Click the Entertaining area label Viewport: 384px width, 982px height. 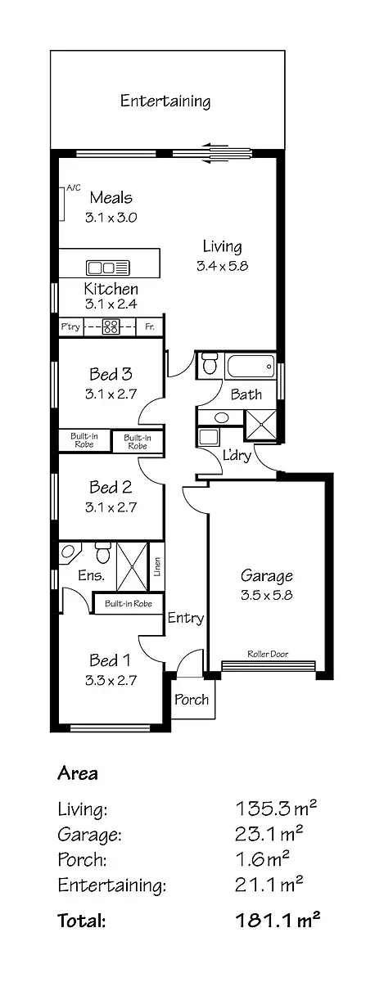pos(165,101)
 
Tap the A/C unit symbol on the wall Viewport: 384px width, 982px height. pos(62,204)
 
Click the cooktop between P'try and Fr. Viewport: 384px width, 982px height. pos(111,327)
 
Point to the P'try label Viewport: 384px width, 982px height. pos(71,327)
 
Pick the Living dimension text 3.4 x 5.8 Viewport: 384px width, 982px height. pos(222,266)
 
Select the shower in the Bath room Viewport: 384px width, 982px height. pos(264,425)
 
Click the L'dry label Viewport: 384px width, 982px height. pos(237,455)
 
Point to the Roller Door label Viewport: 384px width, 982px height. pos(268,654)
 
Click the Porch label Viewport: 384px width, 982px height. pos(192,700)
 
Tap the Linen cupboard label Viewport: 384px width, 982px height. pos(156,566)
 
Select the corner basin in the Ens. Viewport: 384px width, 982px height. pos(67,552)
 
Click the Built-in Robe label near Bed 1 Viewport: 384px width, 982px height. pos(128,604)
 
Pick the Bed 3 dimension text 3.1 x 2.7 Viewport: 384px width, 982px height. pos(110,393)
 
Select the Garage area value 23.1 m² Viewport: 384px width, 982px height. pos(269,835)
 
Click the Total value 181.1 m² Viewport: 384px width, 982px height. pos(277,921)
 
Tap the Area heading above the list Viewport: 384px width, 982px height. pos(78,773)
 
